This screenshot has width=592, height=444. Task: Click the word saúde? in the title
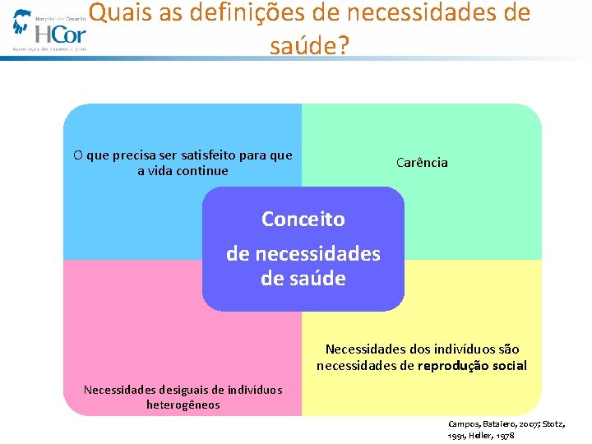[309, 46]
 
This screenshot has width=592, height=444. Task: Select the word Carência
[422, 163]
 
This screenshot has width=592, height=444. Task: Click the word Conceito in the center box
[303, 220]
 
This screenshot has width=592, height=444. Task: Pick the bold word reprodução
[455, 366]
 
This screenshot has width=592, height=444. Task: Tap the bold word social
[510, 366]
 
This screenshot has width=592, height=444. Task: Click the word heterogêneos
[183, 405]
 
